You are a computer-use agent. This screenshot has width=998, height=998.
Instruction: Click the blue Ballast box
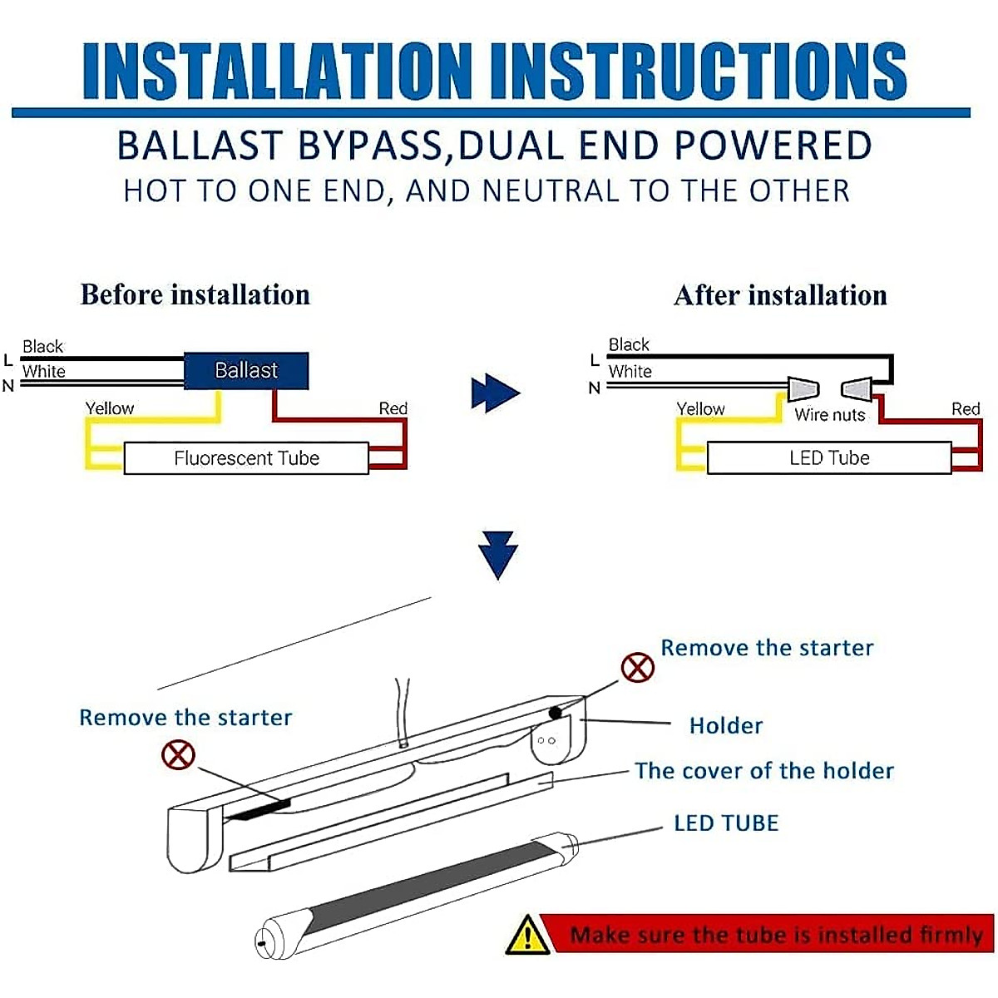click(x=245, y=371)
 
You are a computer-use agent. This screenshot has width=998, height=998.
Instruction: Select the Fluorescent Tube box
click(x=246, y=458)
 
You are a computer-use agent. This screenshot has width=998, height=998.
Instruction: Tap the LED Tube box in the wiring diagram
click(x=828, y=458)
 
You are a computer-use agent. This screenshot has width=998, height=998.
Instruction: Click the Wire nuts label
click(x=829, y=415)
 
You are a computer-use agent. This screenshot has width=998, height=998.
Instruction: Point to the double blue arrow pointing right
click(x=495, y=393)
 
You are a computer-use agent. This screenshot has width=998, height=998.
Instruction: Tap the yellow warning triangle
click(x=527, y=935)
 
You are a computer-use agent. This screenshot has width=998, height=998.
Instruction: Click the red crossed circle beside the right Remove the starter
click(x=638, y=667)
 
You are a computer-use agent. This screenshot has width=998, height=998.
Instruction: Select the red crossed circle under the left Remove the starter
click(x=178, y=754)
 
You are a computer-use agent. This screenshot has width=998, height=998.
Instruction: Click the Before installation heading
click(x=195, y=294)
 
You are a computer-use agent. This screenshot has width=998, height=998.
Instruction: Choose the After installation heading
click(x=780, y=295)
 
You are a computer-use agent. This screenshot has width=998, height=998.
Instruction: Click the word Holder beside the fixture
click(x=725, y=726)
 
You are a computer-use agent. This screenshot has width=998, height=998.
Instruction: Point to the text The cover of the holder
click(x=763, y=771)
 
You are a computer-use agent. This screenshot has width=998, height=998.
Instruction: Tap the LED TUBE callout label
click(x=726, y=823)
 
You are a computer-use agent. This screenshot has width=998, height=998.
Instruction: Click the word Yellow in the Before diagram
click(x=109, y=408)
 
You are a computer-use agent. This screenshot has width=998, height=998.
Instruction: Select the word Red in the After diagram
click(x=966, y=409)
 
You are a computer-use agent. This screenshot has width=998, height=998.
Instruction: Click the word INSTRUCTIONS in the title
click(x=698, y=71)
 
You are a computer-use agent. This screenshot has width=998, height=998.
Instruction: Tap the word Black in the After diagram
click(x=629, y=344)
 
